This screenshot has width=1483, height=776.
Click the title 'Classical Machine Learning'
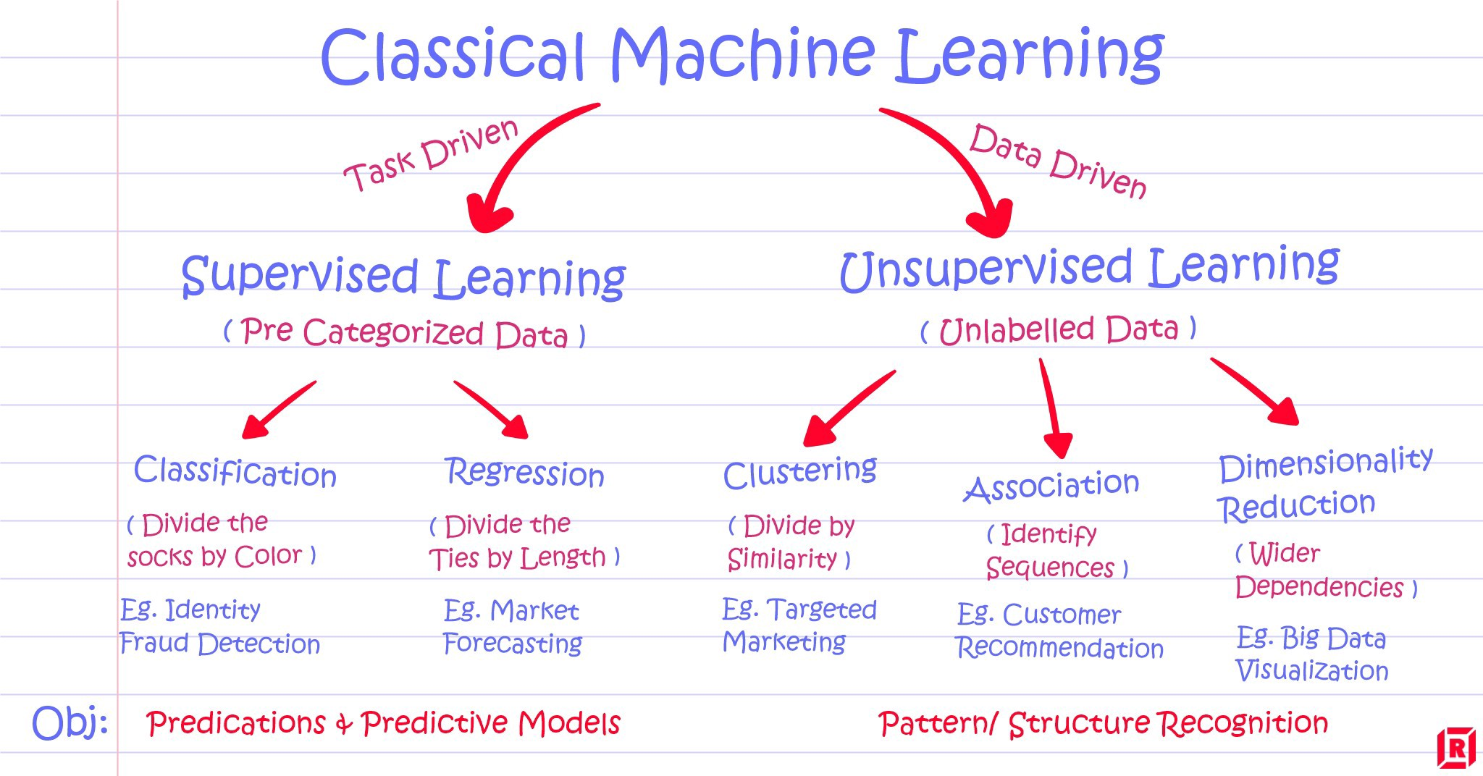(x=741, y=56)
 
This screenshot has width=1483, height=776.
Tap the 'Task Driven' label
(x=432, y=155)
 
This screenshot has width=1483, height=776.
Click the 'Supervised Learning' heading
(x=403, y=278)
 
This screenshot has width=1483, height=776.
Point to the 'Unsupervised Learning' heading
(x=1089, y=268)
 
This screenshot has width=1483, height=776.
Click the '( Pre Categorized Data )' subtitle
(x=404, y=333)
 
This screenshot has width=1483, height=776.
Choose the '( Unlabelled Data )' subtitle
(x=1058, y=330)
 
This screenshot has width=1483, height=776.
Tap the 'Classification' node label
(x=235, y=472)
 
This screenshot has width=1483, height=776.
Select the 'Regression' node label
(x=524, y=473)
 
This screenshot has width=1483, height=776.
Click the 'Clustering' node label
(x=799, y=473)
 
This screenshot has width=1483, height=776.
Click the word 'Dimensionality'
(x=1325, y=464)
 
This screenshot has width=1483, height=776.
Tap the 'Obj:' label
(x=70, y=723)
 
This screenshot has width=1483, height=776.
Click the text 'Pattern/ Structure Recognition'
(x=1103, y=723)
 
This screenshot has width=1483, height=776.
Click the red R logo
(x=1455, y=748)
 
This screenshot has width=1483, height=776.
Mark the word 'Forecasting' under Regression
(x=513, y=644)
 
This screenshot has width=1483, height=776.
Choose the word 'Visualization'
(x=1311, y=671)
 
